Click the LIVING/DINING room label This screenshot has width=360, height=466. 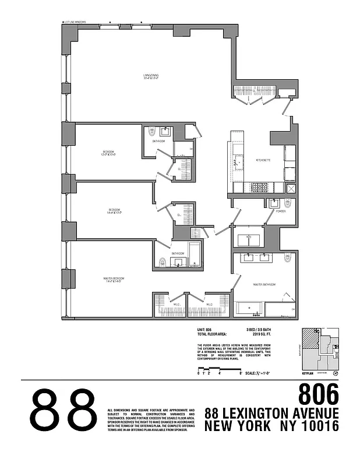tap(152, 76)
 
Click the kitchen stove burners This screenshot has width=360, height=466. tap(258, 187)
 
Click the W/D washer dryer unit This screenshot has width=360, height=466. tap(249, 237)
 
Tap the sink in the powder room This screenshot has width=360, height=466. tap(273, 204)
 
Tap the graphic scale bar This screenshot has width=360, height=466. tap(219, 370)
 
